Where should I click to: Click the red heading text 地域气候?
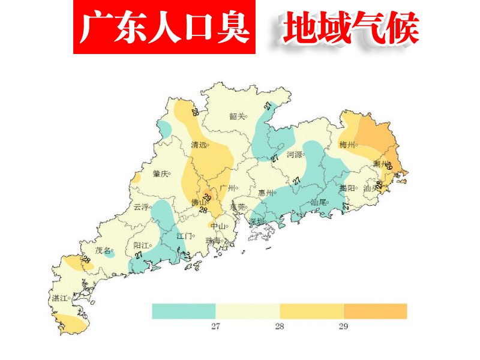point(351,28)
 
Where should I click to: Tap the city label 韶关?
point(237,116)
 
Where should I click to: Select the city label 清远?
point(199,145)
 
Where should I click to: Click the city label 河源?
point(295,154)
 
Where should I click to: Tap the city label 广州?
point(227,188)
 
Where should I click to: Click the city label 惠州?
point(266,193)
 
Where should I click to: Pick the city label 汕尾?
point(318,203)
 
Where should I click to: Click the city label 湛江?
point(59,298)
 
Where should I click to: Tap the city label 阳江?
point(141,245)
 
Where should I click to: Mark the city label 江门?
point(184,236)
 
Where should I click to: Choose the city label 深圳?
point(256,221)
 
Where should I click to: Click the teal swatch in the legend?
point(183,311)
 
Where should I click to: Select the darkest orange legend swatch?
point(375,311)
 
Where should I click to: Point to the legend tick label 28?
point(279,326)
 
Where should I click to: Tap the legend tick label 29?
point(343,326)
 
